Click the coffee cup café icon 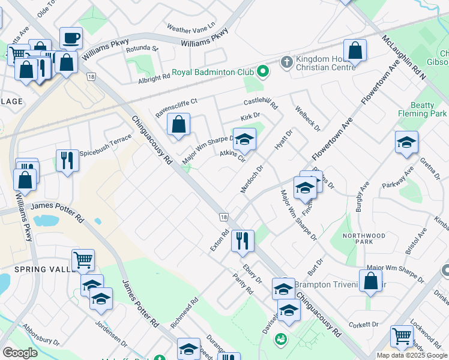click(x=71, y=38)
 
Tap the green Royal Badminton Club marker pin click(x=262, y=73)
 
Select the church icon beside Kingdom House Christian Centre click(x=286, y=62)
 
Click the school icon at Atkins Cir click(x=244, y=140)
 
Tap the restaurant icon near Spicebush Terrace click(x=67, y=160)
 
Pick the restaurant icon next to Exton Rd click(x=243, y=241)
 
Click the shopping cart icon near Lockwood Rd click(x=402, y=336)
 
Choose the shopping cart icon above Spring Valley click(x=83, y=260)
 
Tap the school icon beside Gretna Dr click(x=406, y=142)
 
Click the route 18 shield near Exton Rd click(x=223, y=217)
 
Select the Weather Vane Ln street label click(x=190, y=28)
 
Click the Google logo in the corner click(x=20, y=353)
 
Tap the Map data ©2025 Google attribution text click(x=412, y=355)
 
